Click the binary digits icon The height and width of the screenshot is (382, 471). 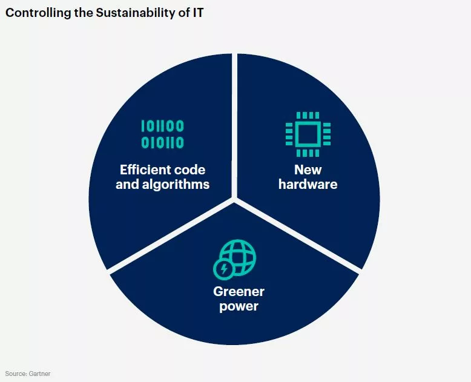tap(162, 134)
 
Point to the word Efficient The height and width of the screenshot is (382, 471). tap(142, 170)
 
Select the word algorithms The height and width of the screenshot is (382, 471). tap(176, 185)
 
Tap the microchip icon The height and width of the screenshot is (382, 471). tap(308, 134)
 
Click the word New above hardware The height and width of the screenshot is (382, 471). tap(308, 170)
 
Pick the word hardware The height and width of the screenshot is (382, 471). tap(308, 184)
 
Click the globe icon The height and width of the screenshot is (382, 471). tap(238, 257)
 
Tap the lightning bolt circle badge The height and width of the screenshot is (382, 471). tap(224, 269)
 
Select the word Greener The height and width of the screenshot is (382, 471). tap(239, 291)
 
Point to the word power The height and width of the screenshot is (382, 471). tap(239, 306)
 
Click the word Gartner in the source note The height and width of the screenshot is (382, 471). tap(39, 374)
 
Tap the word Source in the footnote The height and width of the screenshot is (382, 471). tap(16, 374)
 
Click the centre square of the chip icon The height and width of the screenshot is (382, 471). tap(308, 134)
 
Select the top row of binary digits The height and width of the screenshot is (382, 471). tap(162, 126)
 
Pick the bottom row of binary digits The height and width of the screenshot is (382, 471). tap(162, 142)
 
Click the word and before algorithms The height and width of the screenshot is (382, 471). tap(127, 184)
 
